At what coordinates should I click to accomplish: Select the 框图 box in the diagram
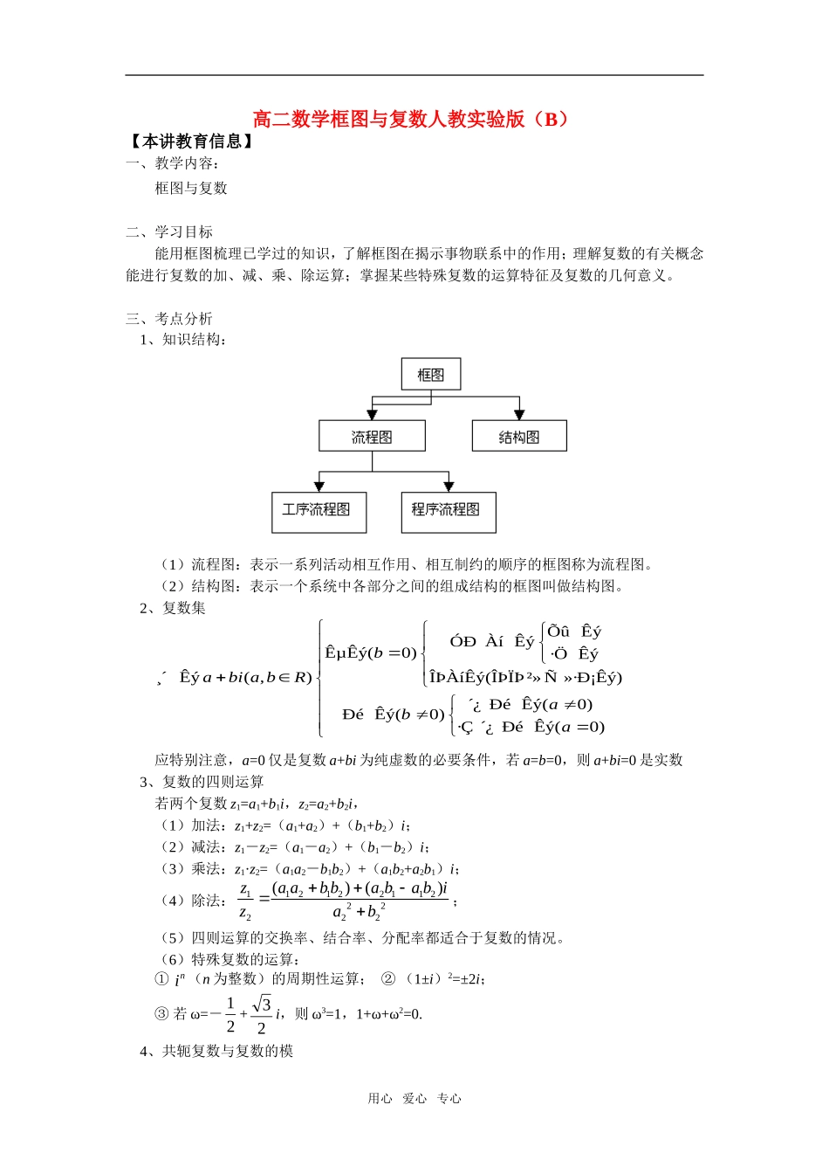click(431, 375)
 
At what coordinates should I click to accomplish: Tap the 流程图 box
click(372, 437)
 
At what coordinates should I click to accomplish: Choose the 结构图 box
click(519, 437)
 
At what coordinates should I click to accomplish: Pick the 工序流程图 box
click(319, 511)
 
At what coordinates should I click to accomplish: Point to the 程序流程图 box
click(448, 511)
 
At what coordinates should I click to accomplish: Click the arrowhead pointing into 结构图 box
click(519, 415)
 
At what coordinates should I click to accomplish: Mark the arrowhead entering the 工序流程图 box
click(319, 487)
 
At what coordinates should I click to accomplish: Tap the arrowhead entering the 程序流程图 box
click(449, 487)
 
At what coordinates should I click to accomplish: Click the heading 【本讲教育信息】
click(191, 142)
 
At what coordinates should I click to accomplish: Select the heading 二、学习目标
click(169, 231)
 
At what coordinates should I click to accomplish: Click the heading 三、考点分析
click(169, 319)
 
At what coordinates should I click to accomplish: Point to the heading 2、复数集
click(173, 608)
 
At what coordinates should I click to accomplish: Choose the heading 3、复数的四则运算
click(202, 782)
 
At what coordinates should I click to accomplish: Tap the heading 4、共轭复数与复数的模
click(216, 1051)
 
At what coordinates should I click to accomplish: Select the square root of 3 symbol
click(262, 1005)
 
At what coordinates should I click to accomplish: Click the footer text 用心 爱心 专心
click(414, 1099)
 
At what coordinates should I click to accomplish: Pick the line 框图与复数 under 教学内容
click(191, 188)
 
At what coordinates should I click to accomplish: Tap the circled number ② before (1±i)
click(388, 979)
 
